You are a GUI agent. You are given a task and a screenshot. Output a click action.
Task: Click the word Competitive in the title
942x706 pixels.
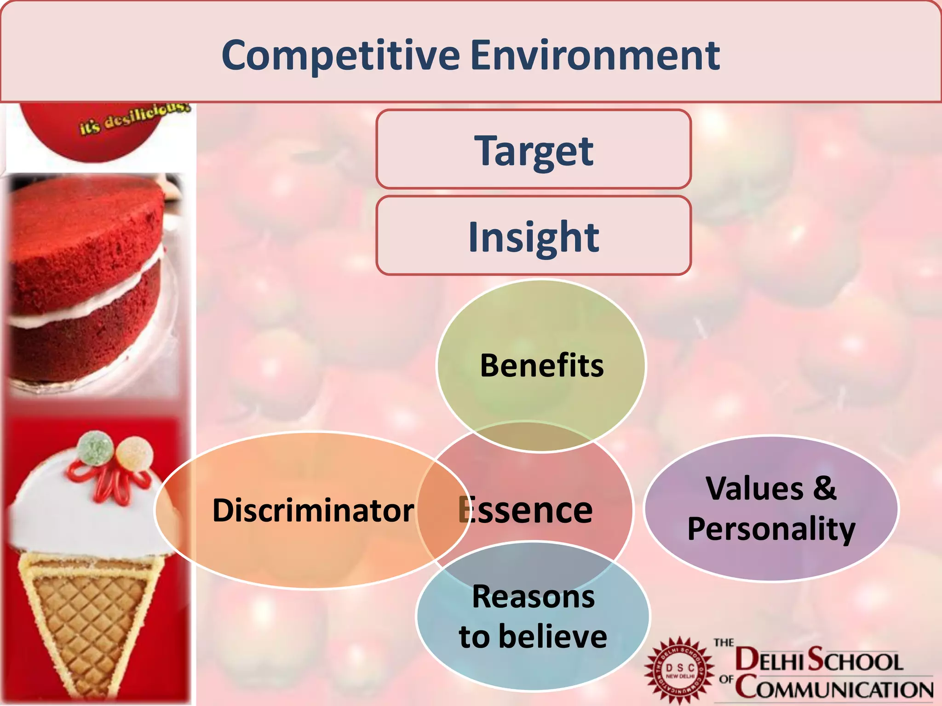coord(340,56)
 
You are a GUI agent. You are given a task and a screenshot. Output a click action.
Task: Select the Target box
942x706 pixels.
coord(534,150)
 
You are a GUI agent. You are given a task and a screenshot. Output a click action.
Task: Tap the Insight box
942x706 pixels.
coord(534,236)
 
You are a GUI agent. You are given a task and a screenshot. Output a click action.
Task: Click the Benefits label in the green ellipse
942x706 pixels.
coord(541,366)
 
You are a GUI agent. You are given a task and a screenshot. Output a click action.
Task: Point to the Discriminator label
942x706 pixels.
coord(313,510)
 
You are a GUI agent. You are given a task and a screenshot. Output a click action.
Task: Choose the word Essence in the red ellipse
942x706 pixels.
coord(527,510)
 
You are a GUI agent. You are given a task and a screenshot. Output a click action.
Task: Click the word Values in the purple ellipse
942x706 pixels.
coord(754,488)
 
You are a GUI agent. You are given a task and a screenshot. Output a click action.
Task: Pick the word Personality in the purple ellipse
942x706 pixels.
coord(771,529)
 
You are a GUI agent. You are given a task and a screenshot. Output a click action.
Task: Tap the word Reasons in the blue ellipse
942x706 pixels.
coord(534,597)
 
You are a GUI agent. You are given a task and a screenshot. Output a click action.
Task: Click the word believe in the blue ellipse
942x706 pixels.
coord(552,637)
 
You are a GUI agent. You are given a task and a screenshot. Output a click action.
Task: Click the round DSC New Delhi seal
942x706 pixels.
coord(680,671)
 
